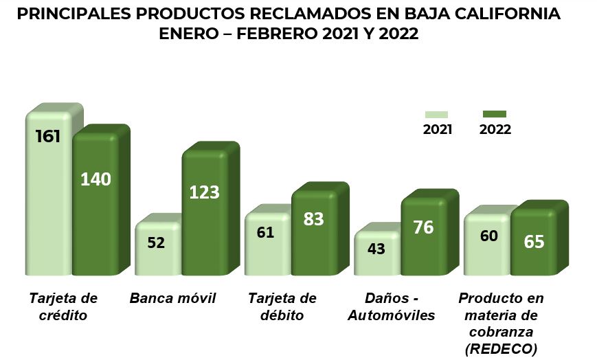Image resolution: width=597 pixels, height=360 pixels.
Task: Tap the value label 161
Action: click(48, 135)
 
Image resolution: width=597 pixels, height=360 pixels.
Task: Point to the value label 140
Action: click(95, 179)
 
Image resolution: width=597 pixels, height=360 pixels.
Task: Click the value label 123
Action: click(204, 192)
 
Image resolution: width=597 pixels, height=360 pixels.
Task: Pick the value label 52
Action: click(156, 243)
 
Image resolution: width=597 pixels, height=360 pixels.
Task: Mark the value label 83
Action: click(313, 219)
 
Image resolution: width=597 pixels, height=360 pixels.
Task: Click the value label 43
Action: click(376, 249)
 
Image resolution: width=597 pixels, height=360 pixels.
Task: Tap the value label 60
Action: click(488, 236)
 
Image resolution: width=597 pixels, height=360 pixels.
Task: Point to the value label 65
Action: click(534, 242)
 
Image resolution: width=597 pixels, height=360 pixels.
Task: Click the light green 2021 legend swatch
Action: click(436, 115)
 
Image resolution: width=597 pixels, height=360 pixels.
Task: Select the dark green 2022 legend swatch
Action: click(495, 114)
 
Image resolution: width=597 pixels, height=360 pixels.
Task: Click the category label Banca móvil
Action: click(172, 298)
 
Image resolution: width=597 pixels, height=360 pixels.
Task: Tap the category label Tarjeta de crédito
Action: click(63, 306)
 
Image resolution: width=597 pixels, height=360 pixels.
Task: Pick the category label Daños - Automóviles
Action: click(392, 306)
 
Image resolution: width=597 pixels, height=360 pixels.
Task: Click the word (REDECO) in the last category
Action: click(501, 349)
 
